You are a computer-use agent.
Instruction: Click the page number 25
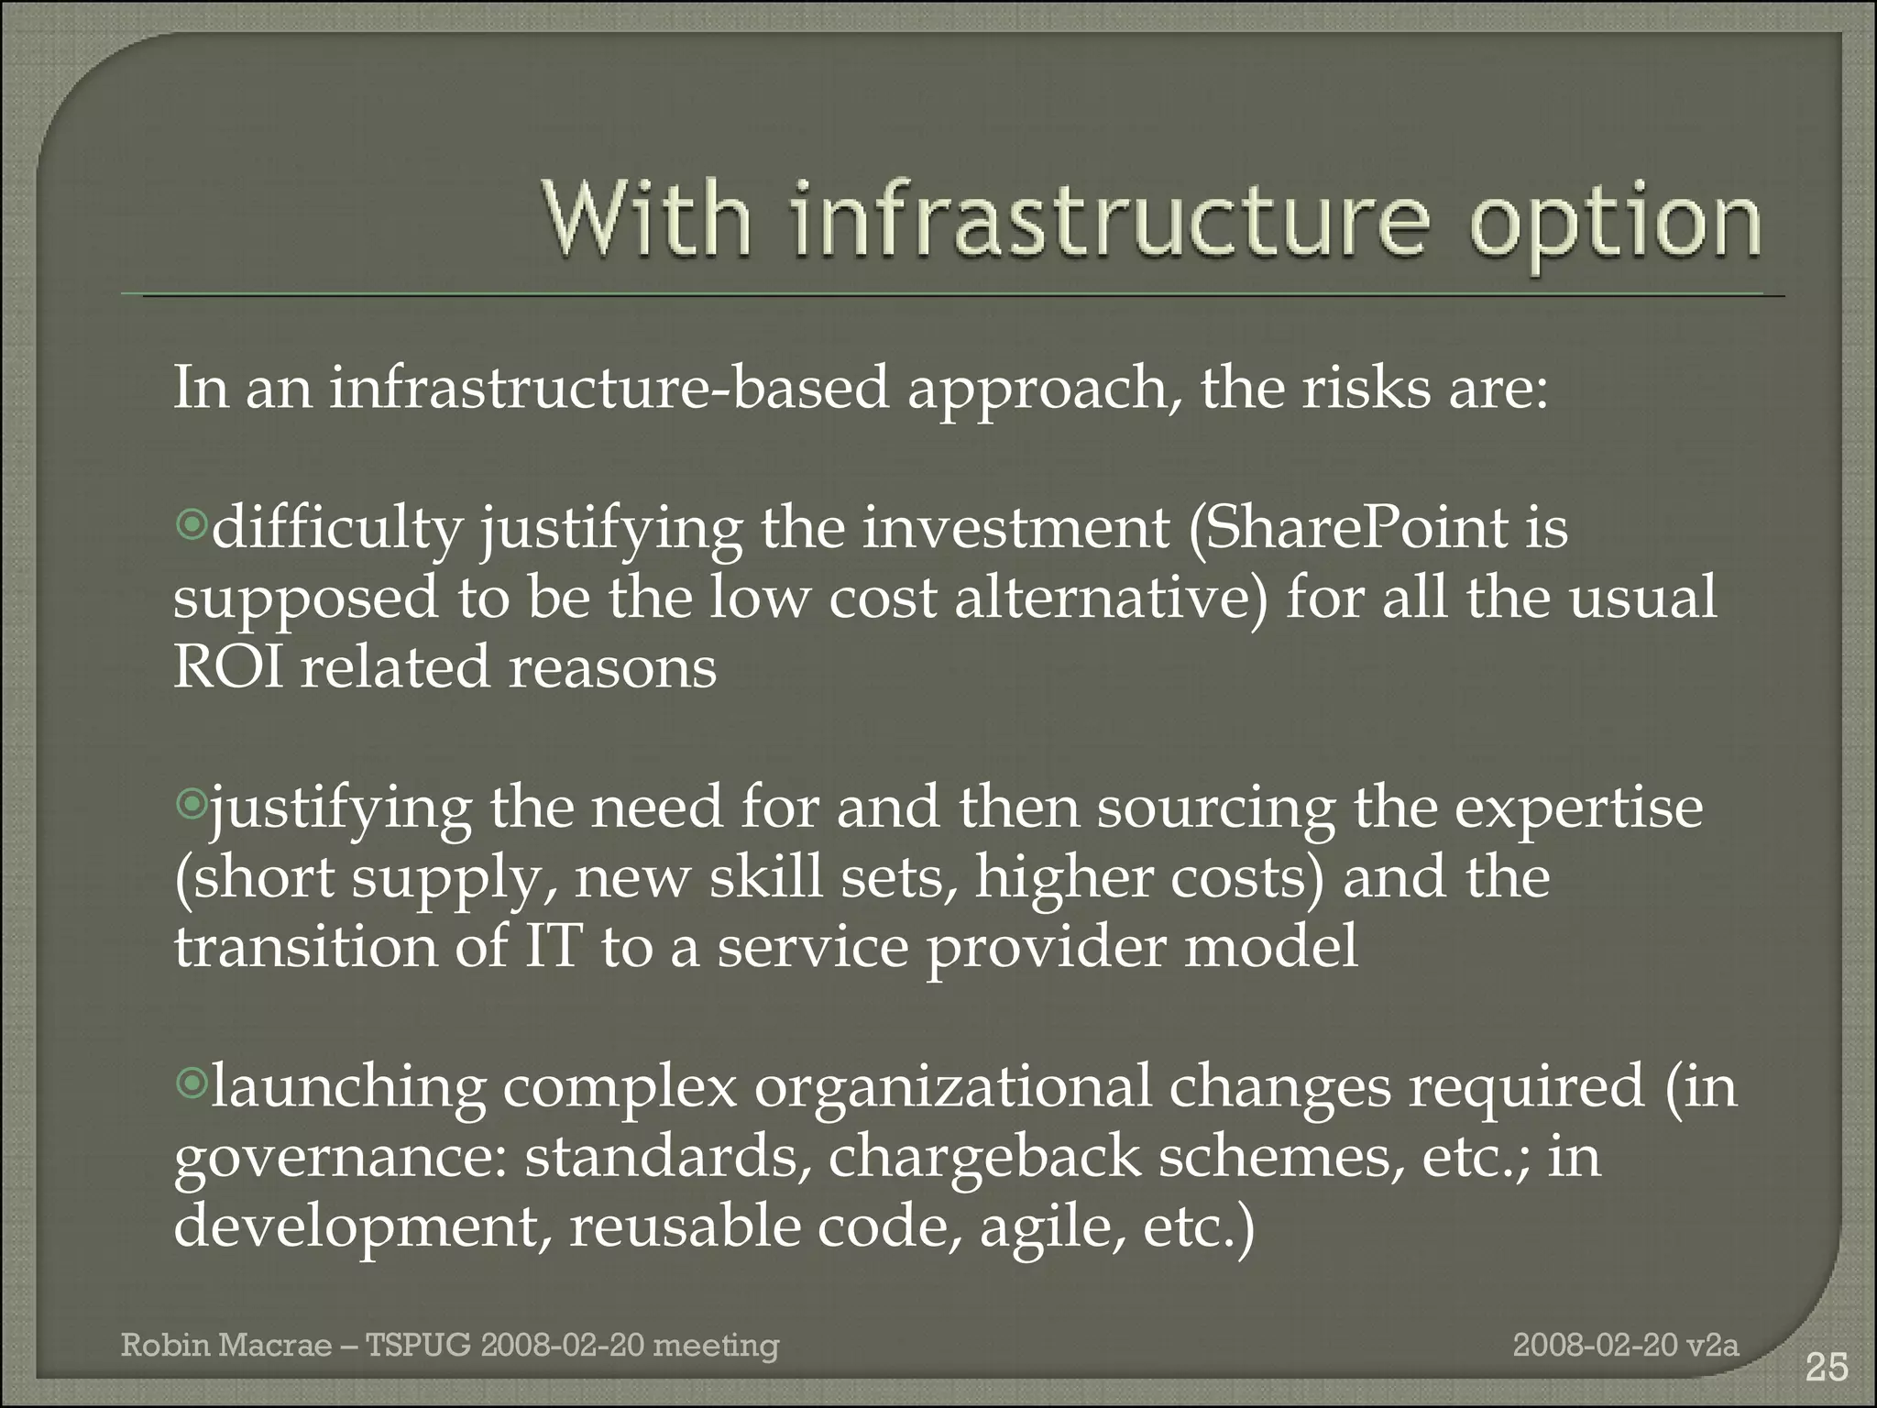pos(1826,1368)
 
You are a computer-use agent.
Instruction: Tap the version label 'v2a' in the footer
pos(1713,1346)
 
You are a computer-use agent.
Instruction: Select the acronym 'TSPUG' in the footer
pos(419,1346)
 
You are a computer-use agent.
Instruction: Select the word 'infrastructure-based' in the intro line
pos(609,388)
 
